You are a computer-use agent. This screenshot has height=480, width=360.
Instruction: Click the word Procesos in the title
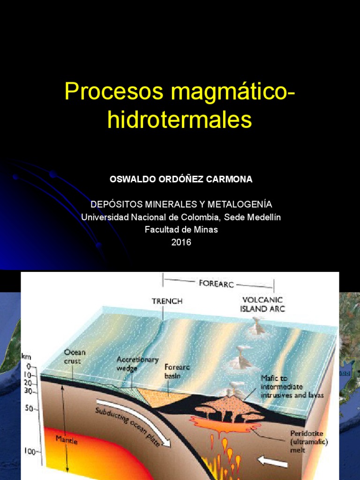click(x=114, y=91)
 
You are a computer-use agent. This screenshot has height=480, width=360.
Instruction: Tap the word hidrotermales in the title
click(x=180, y=120)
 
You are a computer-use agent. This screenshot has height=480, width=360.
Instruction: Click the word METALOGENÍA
click(x=240, y=204)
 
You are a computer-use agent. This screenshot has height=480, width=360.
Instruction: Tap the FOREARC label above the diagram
click(x=217, y=284)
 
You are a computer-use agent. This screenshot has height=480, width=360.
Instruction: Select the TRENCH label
click(x=167, y=301)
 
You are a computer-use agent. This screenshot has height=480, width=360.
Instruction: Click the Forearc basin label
click(x=176, y=372)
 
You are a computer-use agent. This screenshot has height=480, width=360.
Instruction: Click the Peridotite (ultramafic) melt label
click(x=305, y=442)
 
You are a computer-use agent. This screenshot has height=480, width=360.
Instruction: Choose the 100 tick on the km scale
click(x=30, y=451)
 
